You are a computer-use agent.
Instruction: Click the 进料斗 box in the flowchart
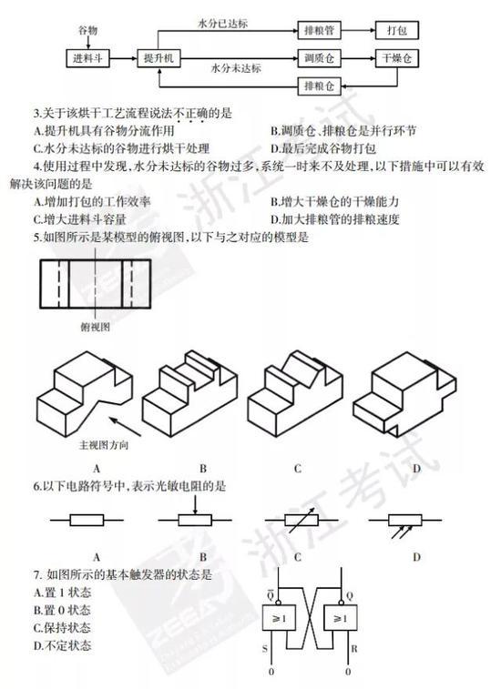point(87,58)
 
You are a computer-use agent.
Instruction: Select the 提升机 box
point(158,58)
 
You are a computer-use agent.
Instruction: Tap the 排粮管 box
point(319,31)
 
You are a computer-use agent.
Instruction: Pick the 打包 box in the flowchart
point(397,31)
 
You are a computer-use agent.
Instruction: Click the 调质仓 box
point(319,58)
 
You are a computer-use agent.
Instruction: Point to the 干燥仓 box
point(397,58)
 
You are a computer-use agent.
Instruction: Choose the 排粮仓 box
point(319,86)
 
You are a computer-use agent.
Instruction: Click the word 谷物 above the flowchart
point(87,30)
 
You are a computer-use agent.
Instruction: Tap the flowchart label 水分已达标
point(223,24)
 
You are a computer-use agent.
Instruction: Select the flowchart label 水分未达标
point(236,68)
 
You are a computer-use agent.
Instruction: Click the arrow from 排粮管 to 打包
point(358,31)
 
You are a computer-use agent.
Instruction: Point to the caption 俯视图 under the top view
point(96,327)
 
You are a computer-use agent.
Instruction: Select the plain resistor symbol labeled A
point(87,521)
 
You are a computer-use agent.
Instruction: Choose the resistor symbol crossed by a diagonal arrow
point(302,520)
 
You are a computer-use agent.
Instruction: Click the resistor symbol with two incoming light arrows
point(405,523)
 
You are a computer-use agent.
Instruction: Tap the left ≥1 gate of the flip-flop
point(279,618)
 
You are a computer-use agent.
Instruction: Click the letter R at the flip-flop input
point(354,649)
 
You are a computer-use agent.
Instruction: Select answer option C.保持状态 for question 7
point(62,628)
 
